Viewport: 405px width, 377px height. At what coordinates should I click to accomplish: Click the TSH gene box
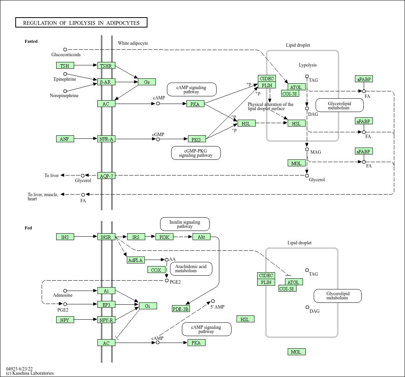pyautogui.click(x=65, y=66)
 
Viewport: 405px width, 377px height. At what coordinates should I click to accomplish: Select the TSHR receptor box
pyautogui.click(x=106, y=66)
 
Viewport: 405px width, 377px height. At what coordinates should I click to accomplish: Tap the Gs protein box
pyautogui.click(x=147, y=82)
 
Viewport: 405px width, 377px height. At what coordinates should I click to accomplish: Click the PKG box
pyautogui.click(x=197, y=139)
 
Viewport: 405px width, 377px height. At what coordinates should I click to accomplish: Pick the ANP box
pyautogui.click(x=65, y=139)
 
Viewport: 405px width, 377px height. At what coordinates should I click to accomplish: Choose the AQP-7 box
pyautogui.click(x=106, y=176)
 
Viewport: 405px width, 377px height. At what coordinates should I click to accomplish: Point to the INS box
pyautogui.click(x=65, y=237)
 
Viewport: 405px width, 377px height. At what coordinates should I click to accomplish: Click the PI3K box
pyautogui.click(x=164, y=237)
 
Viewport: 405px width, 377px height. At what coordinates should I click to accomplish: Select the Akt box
pyautogui.click(x=201, y=237)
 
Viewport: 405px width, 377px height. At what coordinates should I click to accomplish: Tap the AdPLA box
pyautogui.click(x=136, y=260)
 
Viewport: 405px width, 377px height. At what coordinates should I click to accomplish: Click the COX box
pyautogui.click(x=156, y=270)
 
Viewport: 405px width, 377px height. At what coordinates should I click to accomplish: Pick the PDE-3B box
pyautogui.click(x=181, y=309)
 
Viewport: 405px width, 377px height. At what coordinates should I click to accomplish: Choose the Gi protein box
pyautogui.click(x=148, y=306)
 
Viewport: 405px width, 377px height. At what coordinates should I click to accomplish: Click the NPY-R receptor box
pyautogui.click(x=106, y=320)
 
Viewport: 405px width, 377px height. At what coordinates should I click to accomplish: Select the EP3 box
pyautogui.click(x=106, y=305)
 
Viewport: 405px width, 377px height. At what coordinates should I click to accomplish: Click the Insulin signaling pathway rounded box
pyautogui.click(x=185, y=224)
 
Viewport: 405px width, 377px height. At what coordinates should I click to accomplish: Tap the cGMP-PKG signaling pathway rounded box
pyautogui.click(x=196, y=153)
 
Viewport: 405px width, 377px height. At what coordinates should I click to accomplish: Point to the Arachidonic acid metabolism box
pyautogui.click(x=191, y=268)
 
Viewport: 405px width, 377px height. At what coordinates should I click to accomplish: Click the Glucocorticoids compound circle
pyautogui.click(x=65, y=49)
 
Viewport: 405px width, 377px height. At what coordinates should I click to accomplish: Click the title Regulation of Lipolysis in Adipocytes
pyautogui.click(x=81, y=23)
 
